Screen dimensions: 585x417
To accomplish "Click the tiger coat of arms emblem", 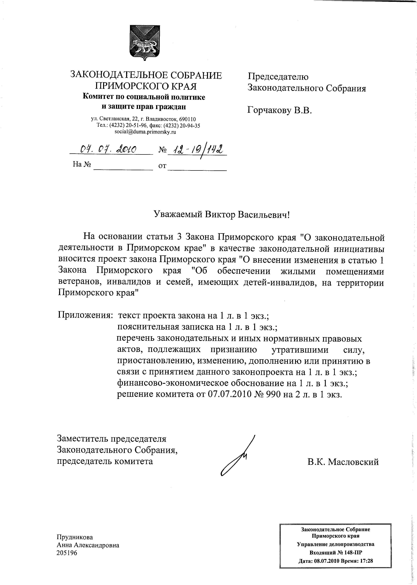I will coord(145,43).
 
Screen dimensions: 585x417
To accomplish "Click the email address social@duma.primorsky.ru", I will coord(145,132).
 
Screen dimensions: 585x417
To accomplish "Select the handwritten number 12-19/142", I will coord(198,149).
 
